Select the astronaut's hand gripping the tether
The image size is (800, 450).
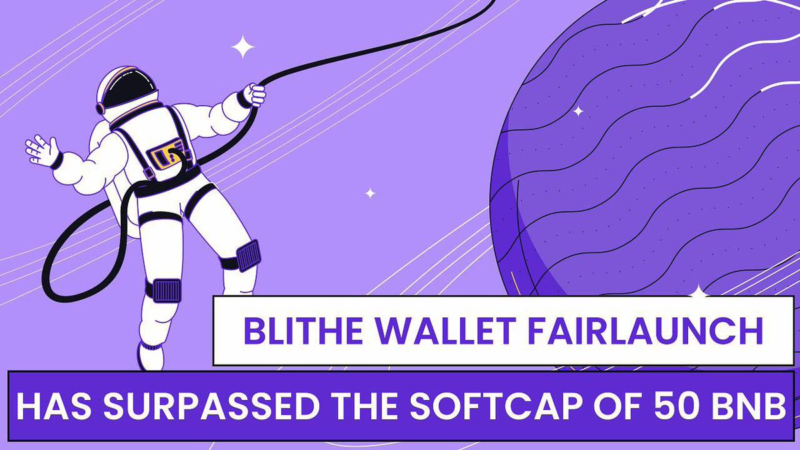(254, 94)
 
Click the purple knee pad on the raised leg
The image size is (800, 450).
(247, 255)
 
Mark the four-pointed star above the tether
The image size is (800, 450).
(243, 47)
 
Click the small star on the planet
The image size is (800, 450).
(578, 111)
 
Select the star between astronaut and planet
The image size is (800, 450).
(370, 193)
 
